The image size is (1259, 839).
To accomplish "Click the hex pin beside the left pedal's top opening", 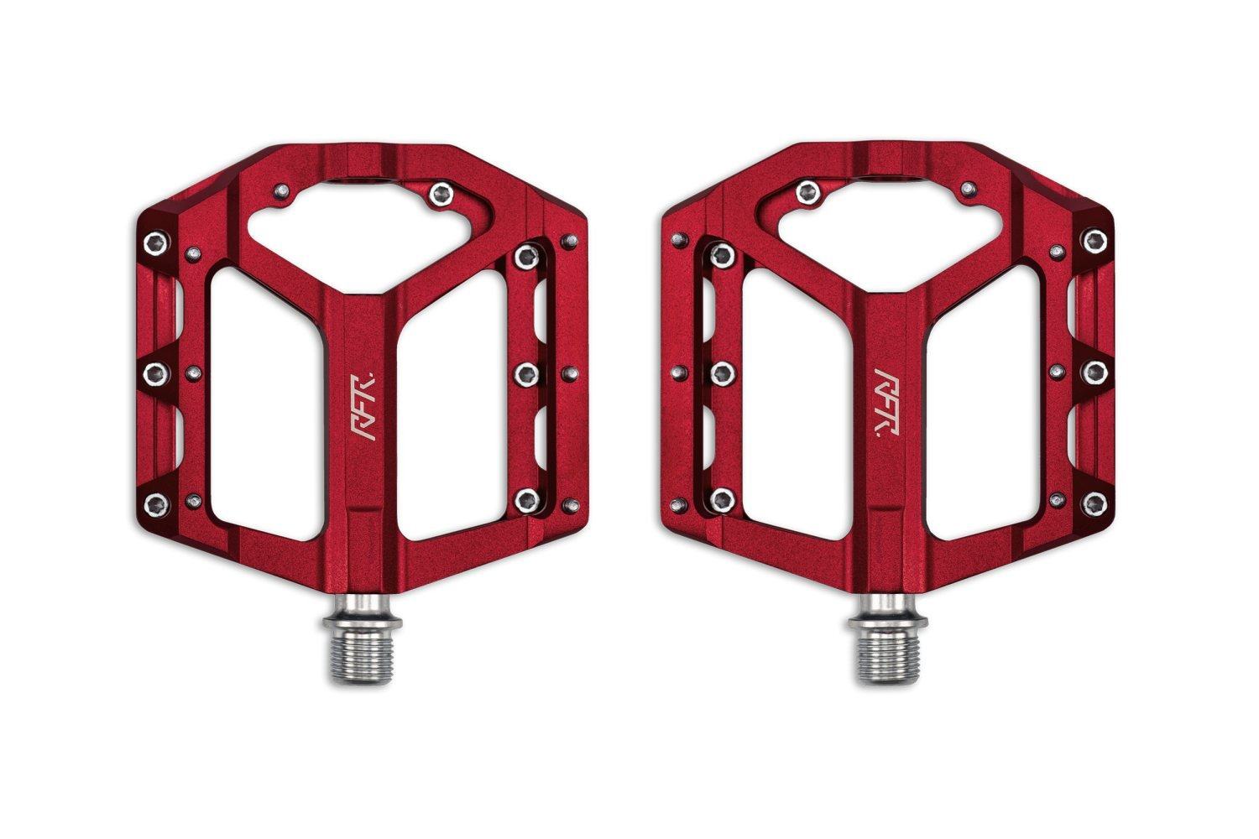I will click(438, 195).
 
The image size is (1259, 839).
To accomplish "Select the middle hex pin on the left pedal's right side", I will click(527, 371).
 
